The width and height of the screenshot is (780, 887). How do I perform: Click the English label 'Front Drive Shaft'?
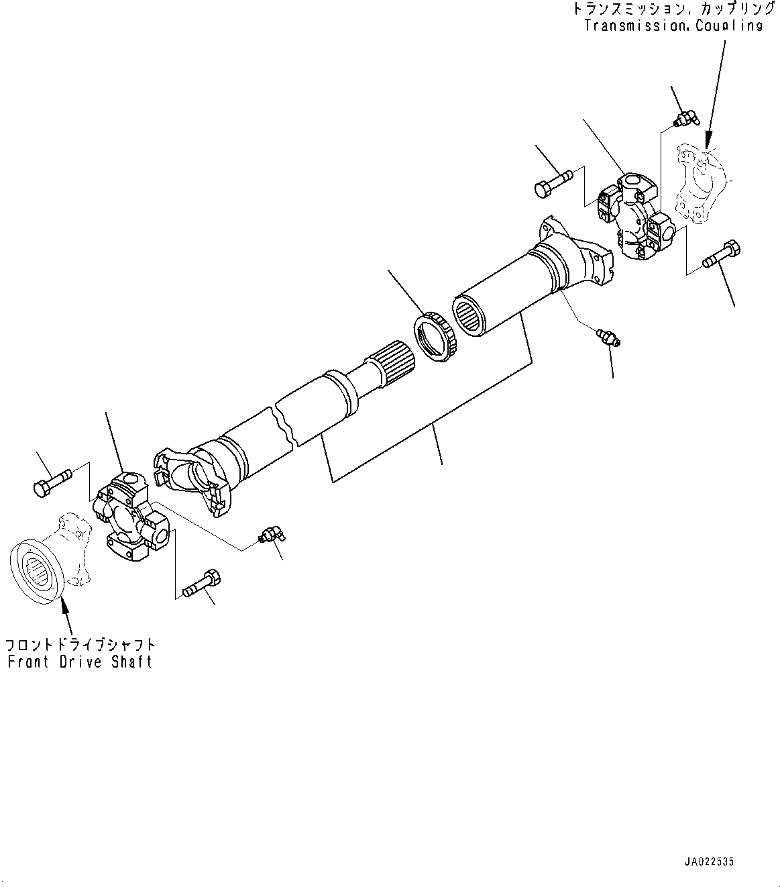[80, 662]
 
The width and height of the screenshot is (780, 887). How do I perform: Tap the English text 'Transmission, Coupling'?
[673, 25]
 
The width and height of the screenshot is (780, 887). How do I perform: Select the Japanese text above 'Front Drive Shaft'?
[80, 645]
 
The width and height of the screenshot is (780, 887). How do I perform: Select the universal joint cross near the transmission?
[634, 215]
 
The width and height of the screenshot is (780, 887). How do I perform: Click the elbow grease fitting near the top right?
[686, 120]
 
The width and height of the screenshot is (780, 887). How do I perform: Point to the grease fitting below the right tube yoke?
[608, 336]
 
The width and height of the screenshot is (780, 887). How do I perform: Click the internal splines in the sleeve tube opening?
[469, 314]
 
